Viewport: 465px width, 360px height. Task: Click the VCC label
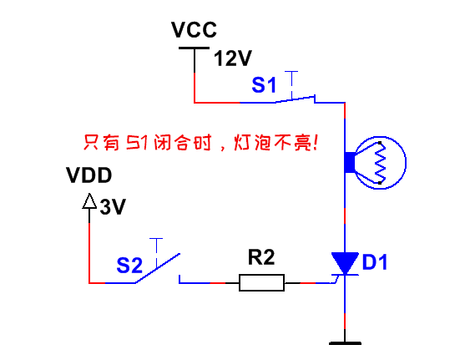point(194,30)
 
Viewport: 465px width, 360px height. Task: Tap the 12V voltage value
point(232,58)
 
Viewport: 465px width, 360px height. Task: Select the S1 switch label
point(264,84)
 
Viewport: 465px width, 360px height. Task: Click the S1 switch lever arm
point(295,99)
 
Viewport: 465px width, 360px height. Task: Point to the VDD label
point(89,175)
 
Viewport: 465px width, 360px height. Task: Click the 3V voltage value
point(113,206)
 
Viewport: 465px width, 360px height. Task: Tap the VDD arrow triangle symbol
point(89,201)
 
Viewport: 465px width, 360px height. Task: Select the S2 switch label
point(129,265)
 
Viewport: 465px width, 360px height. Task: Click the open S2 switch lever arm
point(158,268)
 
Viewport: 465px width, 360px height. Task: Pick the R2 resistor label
point(261,257)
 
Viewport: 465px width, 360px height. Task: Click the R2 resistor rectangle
point(261,282)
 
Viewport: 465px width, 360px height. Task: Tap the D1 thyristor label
point(375,262)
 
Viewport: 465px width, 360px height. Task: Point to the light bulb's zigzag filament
point(380,163)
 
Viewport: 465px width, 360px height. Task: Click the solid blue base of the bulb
point(350,162)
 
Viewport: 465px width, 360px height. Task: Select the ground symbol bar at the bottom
point(345,343)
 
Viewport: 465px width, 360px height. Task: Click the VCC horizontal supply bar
point(194,48)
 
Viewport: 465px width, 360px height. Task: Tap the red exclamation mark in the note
point(315,143)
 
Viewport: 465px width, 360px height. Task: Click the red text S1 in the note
point(137,143)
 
